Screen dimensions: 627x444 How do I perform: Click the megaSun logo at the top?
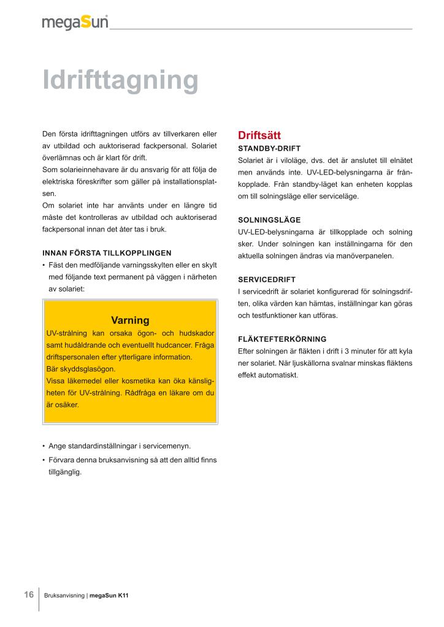[x=75, y=23]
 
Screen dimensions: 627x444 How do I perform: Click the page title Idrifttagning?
[x=120, y=80]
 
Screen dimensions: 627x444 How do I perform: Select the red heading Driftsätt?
[x=259, y=135]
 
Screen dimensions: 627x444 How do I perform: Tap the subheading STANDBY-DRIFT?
[x=269, y=148]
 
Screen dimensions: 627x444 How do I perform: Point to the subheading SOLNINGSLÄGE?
[x=269, y=220]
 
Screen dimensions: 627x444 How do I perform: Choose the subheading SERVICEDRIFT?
[x=266, y=279]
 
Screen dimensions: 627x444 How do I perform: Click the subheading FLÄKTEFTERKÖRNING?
[x=281, y=339]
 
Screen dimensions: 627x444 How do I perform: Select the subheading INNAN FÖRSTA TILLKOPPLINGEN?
[x=107, y=253]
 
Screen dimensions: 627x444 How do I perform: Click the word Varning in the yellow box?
[x=130, y=320]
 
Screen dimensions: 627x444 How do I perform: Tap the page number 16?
[x=28, y=595]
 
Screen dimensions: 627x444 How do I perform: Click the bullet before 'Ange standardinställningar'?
[x=44, y=446]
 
